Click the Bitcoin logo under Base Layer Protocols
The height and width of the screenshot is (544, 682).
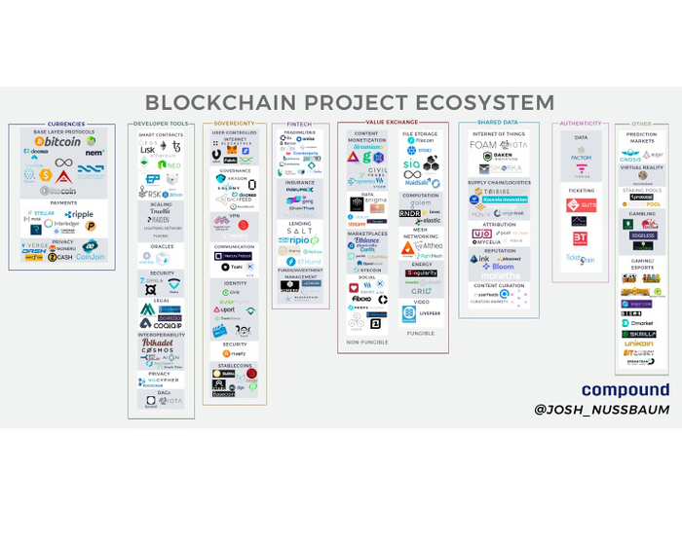pyautogui.click(x=57, y=142)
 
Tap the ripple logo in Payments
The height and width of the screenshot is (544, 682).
pyautogui.click(x=81, y=214)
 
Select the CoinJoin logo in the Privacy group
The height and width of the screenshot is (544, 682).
pyautogui.click(x=91, y=257)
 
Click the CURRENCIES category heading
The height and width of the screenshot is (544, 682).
pyautogui.click(x=65, y=124)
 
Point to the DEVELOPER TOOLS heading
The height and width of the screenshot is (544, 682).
pyautogui.click(x=161, y=124)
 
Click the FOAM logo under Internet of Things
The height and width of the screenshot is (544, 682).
pyautogui.click(x=483, y=145)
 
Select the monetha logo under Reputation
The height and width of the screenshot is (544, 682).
pyautogui.click(x=497, y=275)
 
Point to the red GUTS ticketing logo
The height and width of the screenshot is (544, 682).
pyautogui.click(x=581, y=205)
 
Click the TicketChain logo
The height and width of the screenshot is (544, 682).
pyautogui.click(x=581, y=259)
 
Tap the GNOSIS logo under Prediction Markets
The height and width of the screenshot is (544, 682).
pyautogui.click(x=631, y=155)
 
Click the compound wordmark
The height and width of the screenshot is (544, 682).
pyautogui.click(x=625, y=390)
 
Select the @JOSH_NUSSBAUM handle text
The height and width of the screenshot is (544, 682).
pyautogui.click(x=602, y=410)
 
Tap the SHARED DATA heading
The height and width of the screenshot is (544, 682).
pyautogui.click(x=498, y=123)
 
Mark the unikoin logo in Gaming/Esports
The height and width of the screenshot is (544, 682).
pyautogui.click(x=639, y=344)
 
